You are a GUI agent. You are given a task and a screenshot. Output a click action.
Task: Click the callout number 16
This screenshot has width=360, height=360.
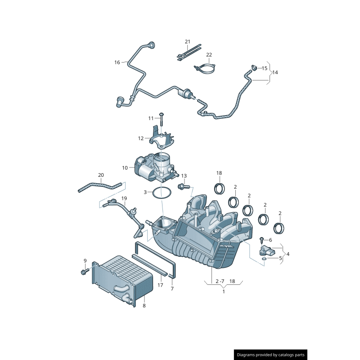point(117,62)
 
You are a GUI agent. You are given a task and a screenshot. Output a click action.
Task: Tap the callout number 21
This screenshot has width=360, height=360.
point(188,42)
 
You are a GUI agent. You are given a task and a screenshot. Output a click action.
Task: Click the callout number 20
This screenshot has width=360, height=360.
point(101,175)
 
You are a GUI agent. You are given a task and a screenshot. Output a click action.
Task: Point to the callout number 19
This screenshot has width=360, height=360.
point(124,198)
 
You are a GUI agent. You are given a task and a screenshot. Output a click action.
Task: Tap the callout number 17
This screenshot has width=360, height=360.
point(160,285)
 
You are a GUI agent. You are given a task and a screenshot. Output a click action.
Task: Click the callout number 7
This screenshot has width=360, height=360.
point(172,288)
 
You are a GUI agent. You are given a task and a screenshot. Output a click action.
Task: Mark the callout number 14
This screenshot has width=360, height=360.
point(275,72)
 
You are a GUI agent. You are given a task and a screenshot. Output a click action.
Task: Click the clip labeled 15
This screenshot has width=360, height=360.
point(254,68)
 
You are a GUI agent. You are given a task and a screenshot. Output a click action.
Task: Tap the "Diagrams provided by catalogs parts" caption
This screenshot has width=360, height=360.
point(271,355)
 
